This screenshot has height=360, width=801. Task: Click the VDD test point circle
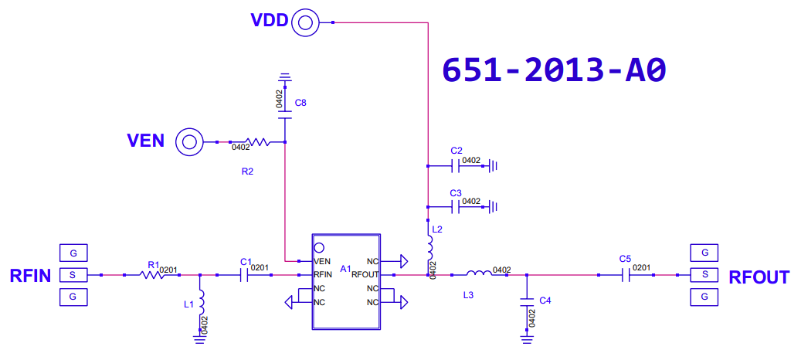305,22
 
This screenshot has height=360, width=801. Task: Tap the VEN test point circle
189,141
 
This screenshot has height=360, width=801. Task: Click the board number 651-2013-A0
555,70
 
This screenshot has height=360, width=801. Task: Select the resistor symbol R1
151,275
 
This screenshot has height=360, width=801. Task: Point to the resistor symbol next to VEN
257,141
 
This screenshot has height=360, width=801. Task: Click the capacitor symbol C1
243,275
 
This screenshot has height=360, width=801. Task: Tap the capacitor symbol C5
625,275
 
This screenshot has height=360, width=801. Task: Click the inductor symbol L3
479,273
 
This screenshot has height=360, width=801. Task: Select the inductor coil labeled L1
202,302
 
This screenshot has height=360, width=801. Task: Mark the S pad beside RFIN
73,275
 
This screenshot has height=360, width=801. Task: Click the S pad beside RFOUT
704,275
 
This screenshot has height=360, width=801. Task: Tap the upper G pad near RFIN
73,253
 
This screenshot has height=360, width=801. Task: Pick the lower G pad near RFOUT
704,297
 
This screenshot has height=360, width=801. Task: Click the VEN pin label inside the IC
322,261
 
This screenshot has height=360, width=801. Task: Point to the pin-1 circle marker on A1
319,248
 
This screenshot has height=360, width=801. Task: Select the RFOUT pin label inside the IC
365,275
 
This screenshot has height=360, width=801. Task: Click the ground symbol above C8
285,78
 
